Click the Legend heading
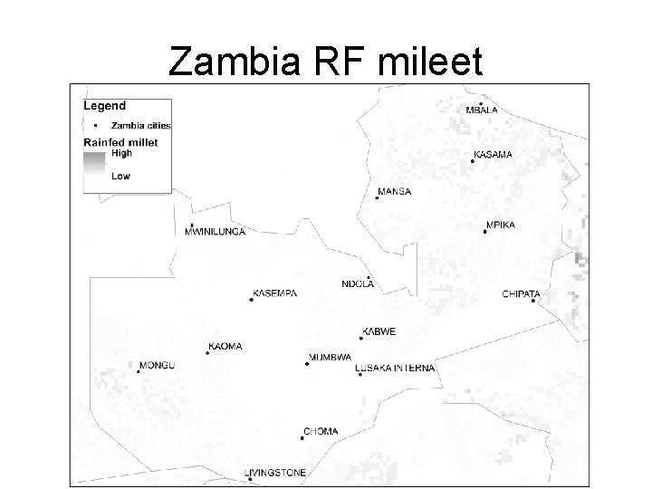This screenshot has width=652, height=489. tap(105, 106)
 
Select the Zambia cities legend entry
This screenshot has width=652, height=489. tap(140, 125)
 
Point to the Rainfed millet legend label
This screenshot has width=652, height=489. tap(120, 142)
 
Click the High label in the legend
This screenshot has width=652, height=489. tap(121, 154)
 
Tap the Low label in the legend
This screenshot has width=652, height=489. tap(120, 177)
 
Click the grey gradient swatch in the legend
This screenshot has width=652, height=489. tap(94, 166)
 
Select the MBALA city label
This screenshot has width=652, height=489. tap(482, 110)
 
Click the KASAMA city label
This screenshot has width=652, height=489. tap(493, 155)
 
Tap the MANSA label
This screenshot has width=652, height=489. tap(395, 192)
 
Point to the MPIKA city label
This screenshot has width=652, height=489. tap(501, 225)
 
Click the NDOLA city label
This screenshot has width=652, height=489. tap(358, 284)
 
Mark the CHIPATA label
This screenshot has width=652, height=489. tap(521, 293)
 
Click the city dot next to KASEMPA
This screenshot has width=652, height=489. tap(251, 299)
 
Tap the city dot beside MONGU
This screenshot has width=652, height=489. tap(138, 370)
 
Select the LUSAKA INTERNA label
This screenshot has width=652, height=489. tap(395, 368)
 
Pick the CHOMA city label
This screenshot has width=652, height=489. tap(321, 432)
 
